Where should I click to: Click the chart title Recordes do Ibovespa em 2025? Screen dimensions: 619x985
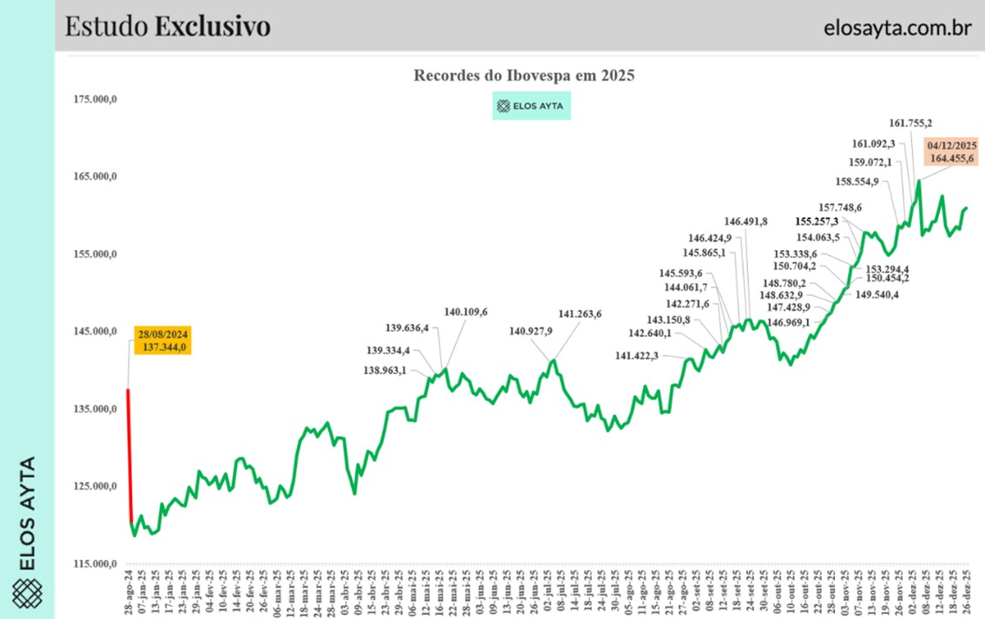tap(524, 76)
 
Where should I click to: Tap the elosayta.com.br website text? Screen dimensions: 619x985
tap(896, 27)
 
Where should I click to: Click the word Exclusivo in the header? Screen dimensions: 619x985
tap(213, 27)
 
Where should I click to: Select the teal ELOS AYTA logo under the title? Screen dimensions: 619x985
tap(531, 107)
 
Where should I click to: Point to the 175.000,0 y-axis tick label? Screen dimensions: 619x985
tap(95, 100)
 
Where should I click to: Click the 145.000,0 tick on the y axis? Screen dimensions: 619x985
tap(95, 332)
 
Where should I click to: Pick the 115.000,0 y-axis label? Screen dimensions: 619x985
tap(95, 564)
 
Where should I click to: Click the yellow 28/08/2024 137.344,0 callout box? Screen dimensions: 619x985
tap(162, 340)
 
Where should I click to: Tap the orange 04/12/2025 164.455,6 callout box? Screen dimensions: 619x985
tap(952, 152)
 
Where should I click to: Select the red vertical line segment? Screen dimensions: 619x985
tap(129, 451)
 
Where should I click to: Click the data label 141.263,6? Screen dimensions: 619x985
tap(580, 314)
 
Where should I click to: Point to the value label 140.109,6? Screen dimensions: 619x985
tap(466, 312)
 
